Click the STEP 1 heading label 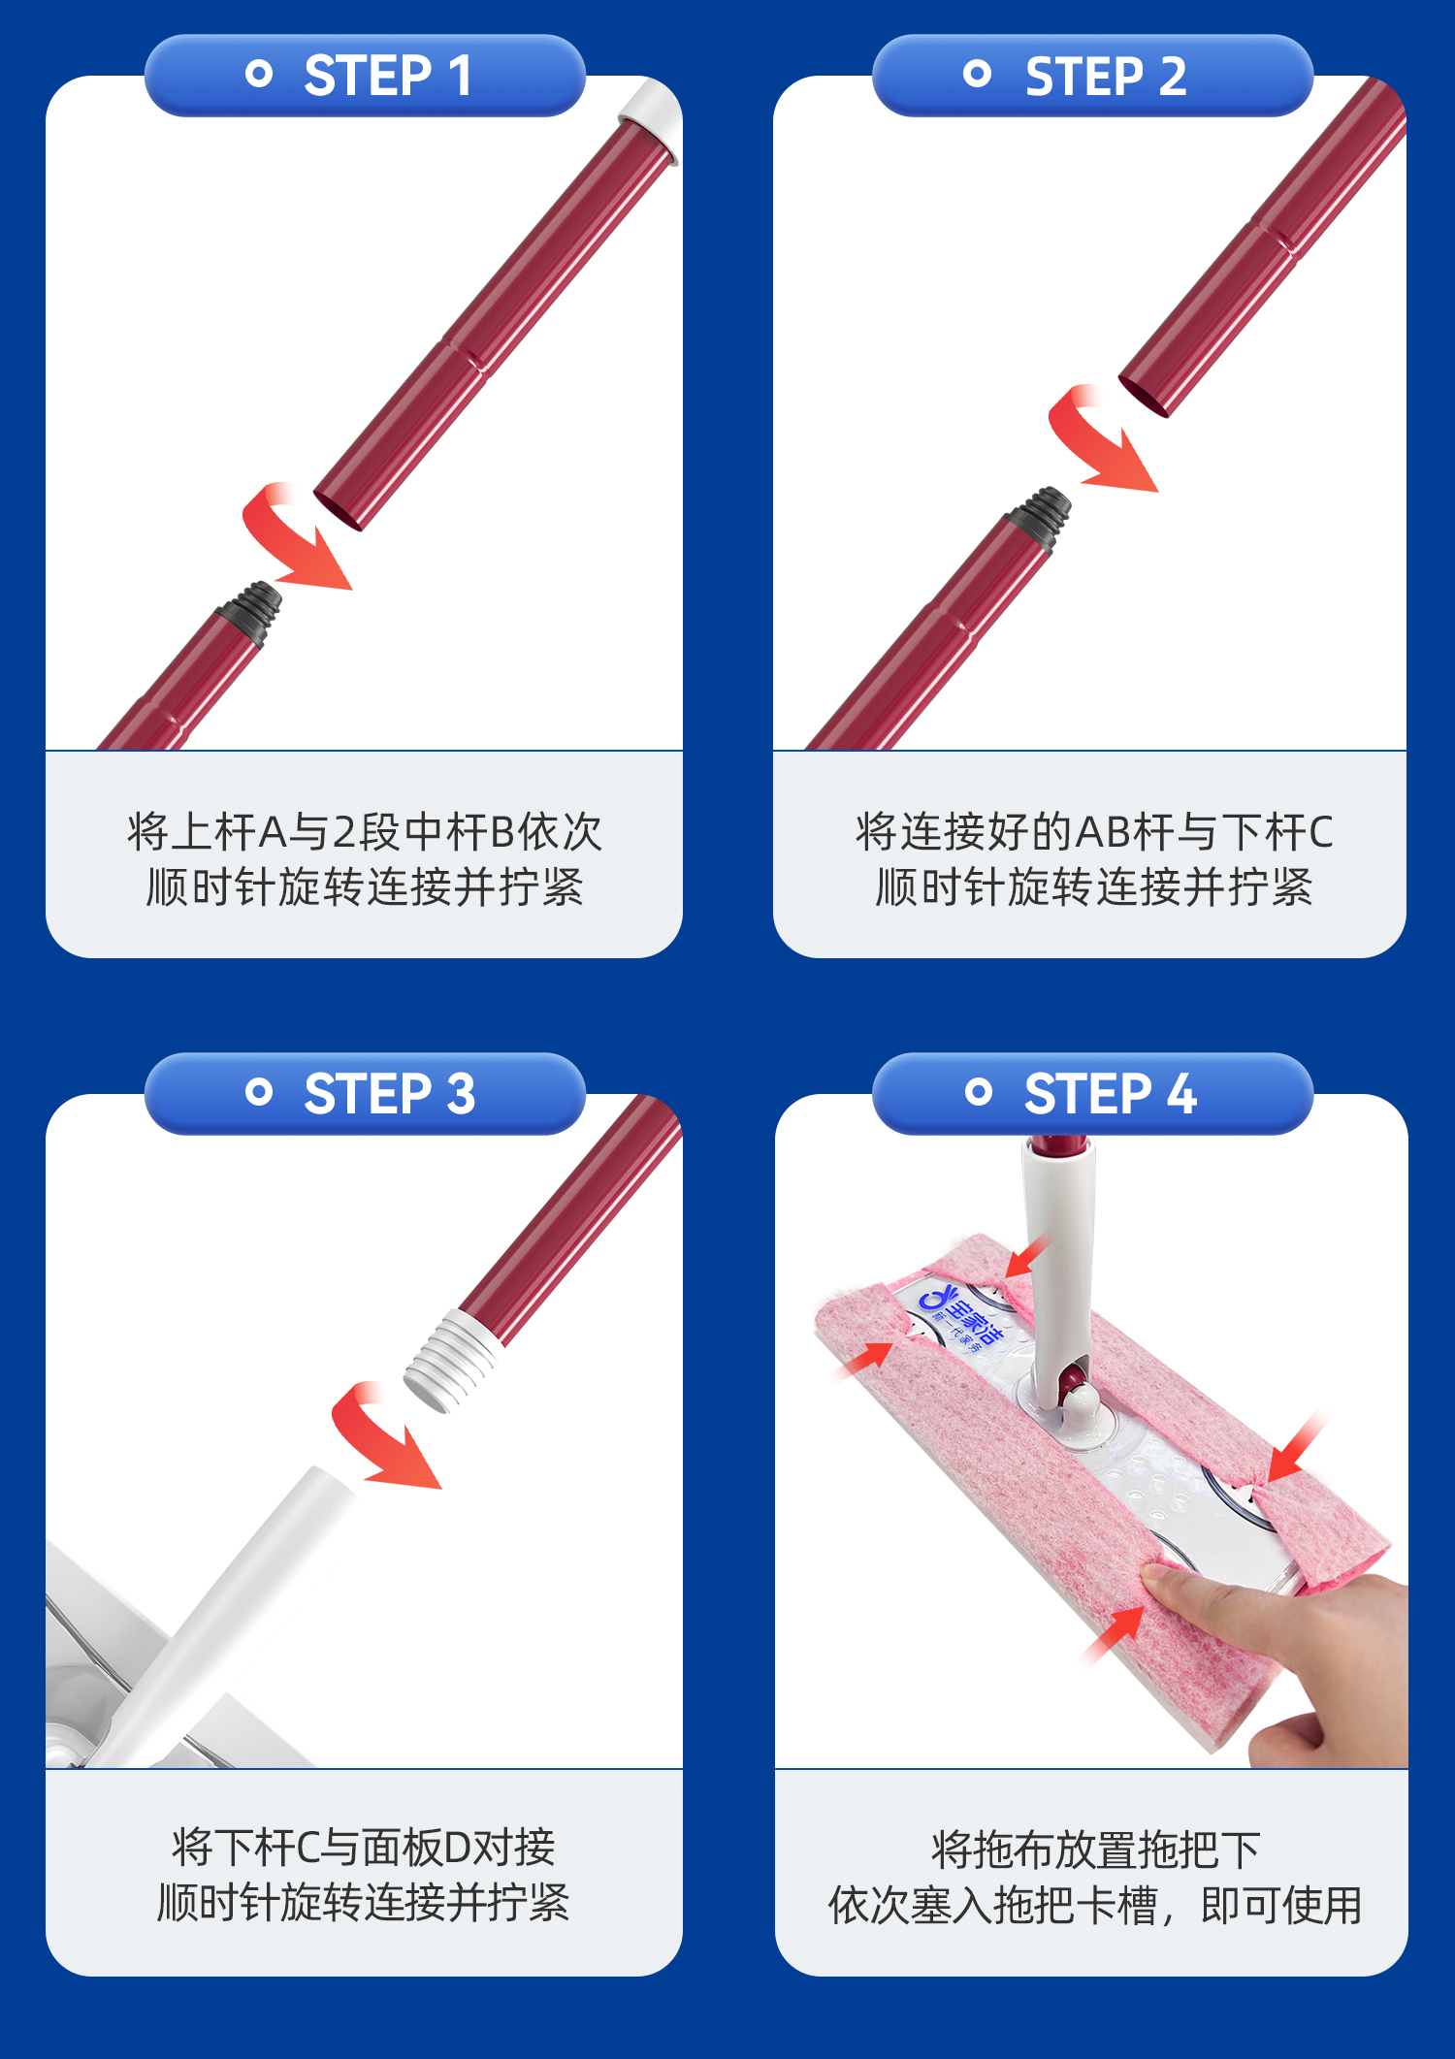pos(388,76)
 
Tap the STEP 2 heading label pos(1106,76)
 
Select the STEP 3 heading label pos(389,1094)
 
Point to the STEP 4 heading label pos(1110,1094)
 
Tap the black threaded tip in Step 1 pos(252,611)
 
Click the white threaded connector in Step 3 pos(452,1358)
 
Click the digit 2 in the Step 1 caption pos(344,832)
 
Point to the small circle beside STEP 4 pos(979,1092)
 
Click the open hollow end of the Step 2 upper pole pos(1145,397)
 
